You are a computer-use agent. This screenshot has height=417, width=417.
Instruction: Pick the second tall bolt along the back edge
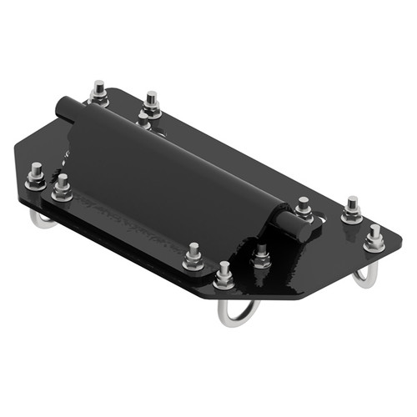tap(151, 103)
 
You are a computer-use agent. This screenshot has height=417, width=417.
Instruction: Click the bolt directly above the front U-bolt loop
tap(224, 274)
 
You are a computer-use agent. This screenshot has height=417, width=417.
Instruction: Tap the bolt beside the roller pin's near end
tap(304, 208)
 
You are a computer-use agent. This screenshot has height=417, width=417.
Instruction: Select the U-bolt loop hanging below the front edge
tap(237, 313)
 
